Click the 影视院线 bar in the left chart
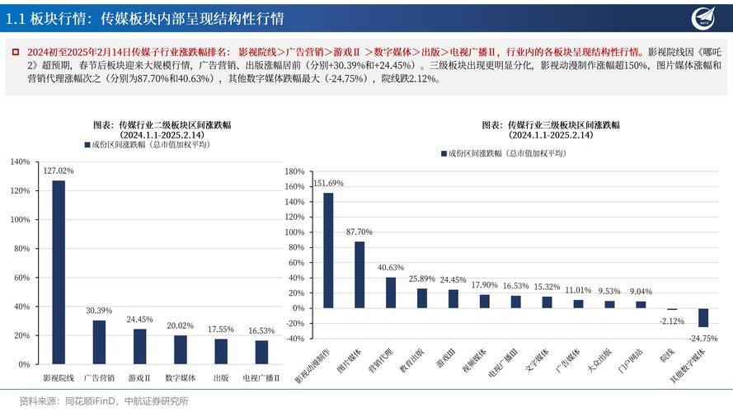[59, 272]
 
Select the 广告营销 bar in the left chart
[99, 342]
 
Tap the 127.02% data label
[59, 171]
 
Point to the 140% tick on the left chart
[20, 162]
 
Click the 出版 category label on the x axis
[220, 378]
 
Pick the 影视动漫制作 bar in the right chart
[328, 250]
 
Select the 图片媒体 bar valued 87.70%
[359, 274]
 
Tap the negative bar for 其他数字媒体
[703, 317]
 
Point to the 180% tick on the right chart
[294, 172]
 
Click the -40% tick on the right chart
[294, 338]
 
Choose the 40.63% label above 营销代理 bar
[391, 268]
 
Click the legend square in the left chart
[87, 144]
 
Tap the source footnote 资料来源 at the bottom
[103, 401]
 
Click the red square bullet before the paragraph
[15, 52]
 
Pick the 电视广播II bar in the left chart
[261, 352]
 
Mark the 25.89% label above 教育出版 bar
[422, 279]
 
